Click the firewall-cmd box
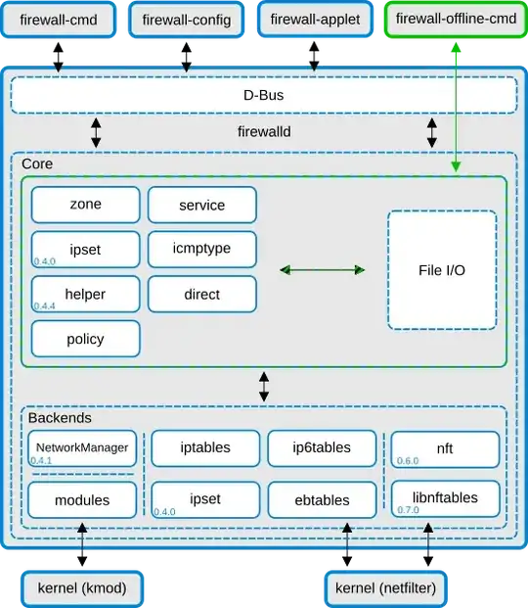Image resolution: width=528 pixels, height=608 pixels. pos(60,20)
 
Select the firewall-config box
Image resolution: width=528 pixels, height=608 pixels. pos(188,20)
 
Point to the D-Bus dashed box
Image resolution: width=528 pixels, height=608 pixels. pos(263,96)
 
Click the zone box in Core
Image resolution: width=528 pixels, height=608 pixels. pos(85,205)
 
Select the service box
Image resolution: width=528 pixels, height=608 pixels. pos(202,205)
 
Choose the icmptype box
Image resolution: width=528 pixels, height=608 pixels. pos(202,249)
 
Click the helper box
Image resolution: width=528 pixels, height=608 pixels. pos(85,294)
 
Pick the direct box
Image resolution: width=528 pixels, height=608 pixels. pos(202,294)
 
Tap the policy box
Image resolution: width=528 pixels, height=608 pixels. pos(85,339)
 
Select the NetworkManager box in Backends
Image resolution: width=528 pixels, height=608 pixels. pos(82,448)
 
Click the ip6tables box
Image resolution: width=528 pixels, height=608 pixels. pos(322,447)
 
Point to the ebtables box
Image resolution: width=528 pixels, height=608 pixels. pos(322,499)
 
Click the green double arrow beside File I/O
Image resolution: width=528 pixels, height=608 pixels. pos(322,269)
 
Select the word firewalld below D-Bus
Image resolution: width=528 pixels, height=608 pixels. pos(264,130)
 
